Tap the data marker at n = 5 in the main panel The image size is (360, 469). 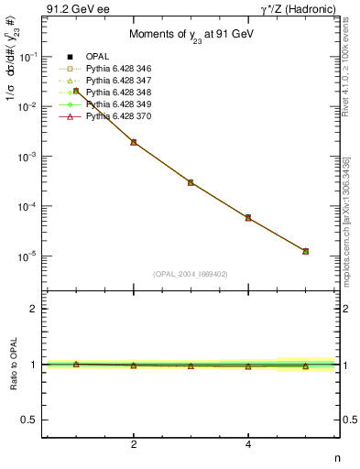pyautogui.click(x=305, y=251)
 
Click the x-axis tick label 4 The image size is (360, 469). pyautogui.click(x=248, y=444)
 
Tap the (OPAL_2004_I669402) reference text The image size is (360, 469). pyautogui.click(x=191, y=273)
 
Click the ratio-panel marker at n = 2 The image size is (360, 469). pyautogui.click(x=134, y=365)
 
